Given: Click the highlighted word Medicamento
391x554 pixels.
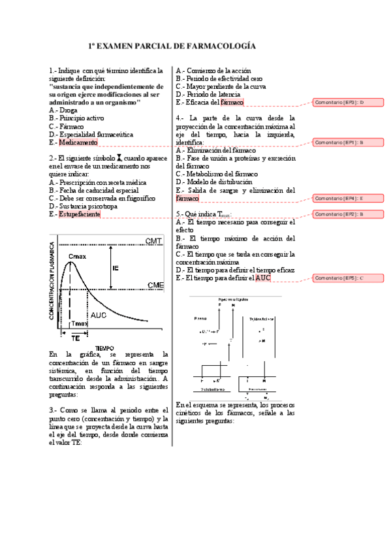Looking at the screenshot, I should [x=78, y=142].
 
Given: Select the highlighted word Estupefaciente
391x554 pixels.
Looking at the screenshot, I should [x=79, y=214].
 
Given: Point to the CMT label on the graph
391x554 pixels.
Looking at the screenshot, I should [x=154, y=242].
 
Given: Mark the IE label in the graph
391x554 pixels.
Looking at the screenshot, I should [x=116, y=268].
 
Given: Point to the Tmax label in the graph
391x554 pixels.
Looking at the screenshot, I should [x=78, y=323].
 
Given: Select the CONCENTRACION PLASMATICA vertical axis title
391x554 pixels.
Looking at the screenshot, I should [x=52, y=282].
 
